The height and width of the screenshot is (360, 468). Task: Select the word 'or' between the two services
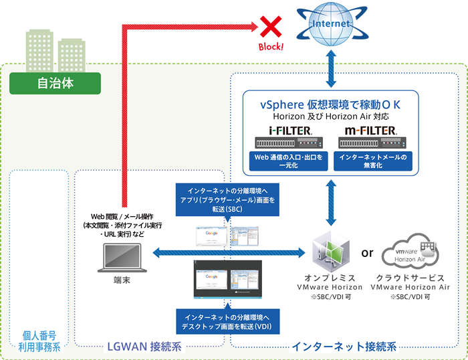click(367, 254)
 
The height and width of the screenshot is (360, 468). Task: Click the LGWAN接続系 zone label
click(144, 346)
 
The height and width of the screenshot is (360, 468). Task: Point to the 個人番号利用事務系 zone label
click(37, 341)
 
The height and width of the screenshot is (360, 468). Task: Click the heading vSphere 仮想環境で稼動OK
click(330, 105)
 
